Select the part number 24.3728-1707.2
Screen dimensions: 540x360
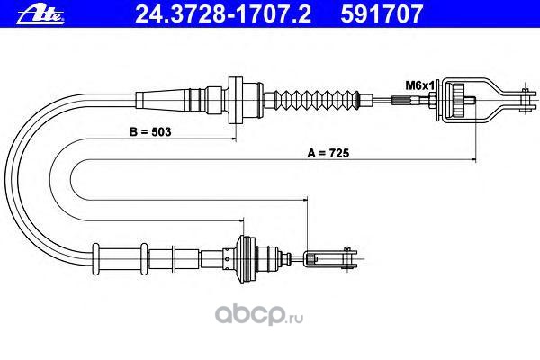click(x=215, y=13)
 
